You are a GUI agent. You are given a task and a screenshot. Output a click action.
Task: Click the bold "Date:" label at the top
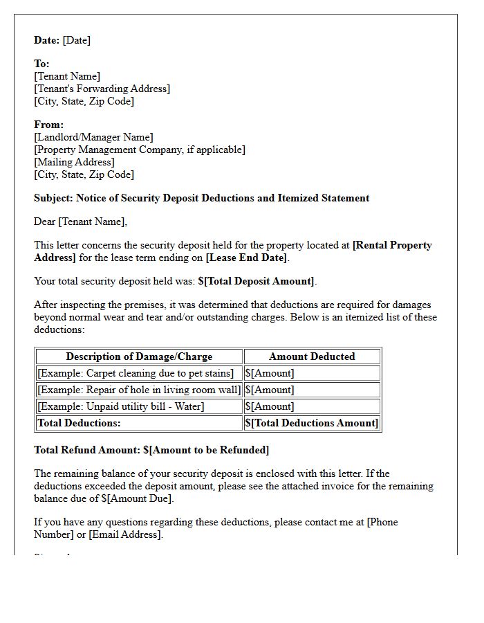click(47, 40)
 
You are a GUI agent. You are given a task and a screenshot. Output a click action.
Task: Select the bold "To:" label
click(41, 64)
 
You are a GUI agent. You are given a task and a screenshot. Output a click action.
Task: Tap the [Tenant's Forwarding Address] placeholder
click(102, 89)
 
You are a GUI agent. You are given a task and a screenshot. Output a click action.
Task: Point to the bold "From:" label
click(48, 125)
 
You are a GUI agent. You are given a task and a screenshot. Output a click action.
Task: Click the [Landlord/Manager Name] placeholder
click(93, 137)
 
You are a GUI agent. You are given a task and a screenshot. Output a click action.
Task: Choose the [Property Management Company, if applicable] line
click(140, 150)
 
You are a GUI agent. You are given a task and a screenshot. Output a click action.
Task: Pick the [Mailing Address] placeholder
click(74, 162)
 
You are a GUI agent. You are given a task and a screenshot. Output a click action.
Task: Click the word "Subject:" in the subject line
click(54, 198)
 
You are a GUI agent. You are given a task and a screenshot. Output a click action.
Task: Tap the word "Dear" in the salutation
click(45, 222)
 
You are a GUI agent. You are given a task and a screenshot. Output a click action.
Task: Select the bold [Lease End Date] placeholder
click(246, 258)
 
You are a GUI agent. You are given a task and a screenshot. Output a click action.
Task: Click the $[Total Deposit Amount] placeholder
click(257, 281)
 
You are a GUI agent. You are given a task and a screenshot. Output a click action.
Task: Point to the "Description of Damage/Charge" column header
click(139, 356)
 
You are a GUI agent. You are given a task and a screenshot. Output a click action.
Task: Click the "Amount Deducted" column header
click(312, 356)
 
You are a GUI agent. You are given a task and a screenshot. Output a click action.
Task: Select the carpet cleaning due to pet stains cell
click(135, 373)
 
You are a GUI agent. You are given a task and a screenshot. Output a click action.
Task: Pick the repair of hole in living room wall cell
click(139, 390)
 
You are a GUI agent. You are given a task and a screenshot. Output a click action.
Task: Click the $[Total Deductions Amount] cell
click(312, 423)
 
